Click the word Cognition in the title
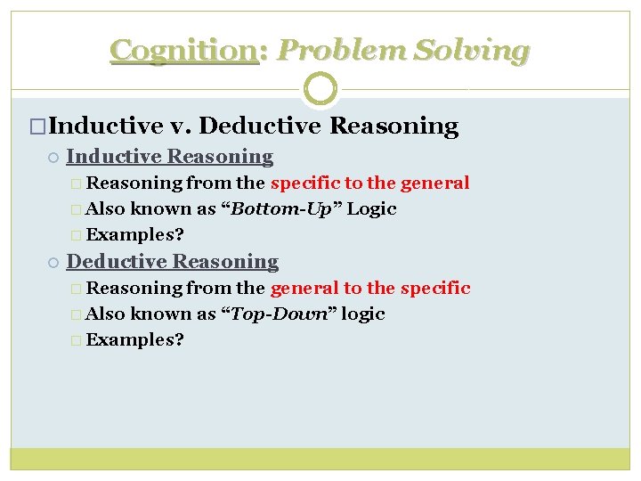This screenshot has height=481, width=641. point(183,51)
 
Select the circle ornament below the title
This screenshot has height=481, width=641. point(320,89)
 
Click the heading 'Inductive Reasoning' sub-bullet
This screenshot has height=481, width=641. point(169,157)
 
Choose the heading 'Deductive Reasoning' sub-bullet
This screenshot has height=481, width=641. point(172,262)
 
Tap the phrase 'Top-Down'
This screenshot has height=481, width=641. point(280,314)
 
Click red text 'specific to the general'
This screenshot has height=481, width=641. point(369,183)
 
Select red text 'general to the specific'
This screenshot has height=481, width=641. point(369,289)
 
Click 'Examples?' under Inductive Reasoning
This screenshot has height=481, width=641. point(135,235)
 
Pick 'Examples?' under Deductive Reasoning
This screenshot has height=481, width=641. point(135,340)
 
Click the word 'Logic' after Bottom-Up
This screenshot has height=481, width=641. point(371,209)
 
